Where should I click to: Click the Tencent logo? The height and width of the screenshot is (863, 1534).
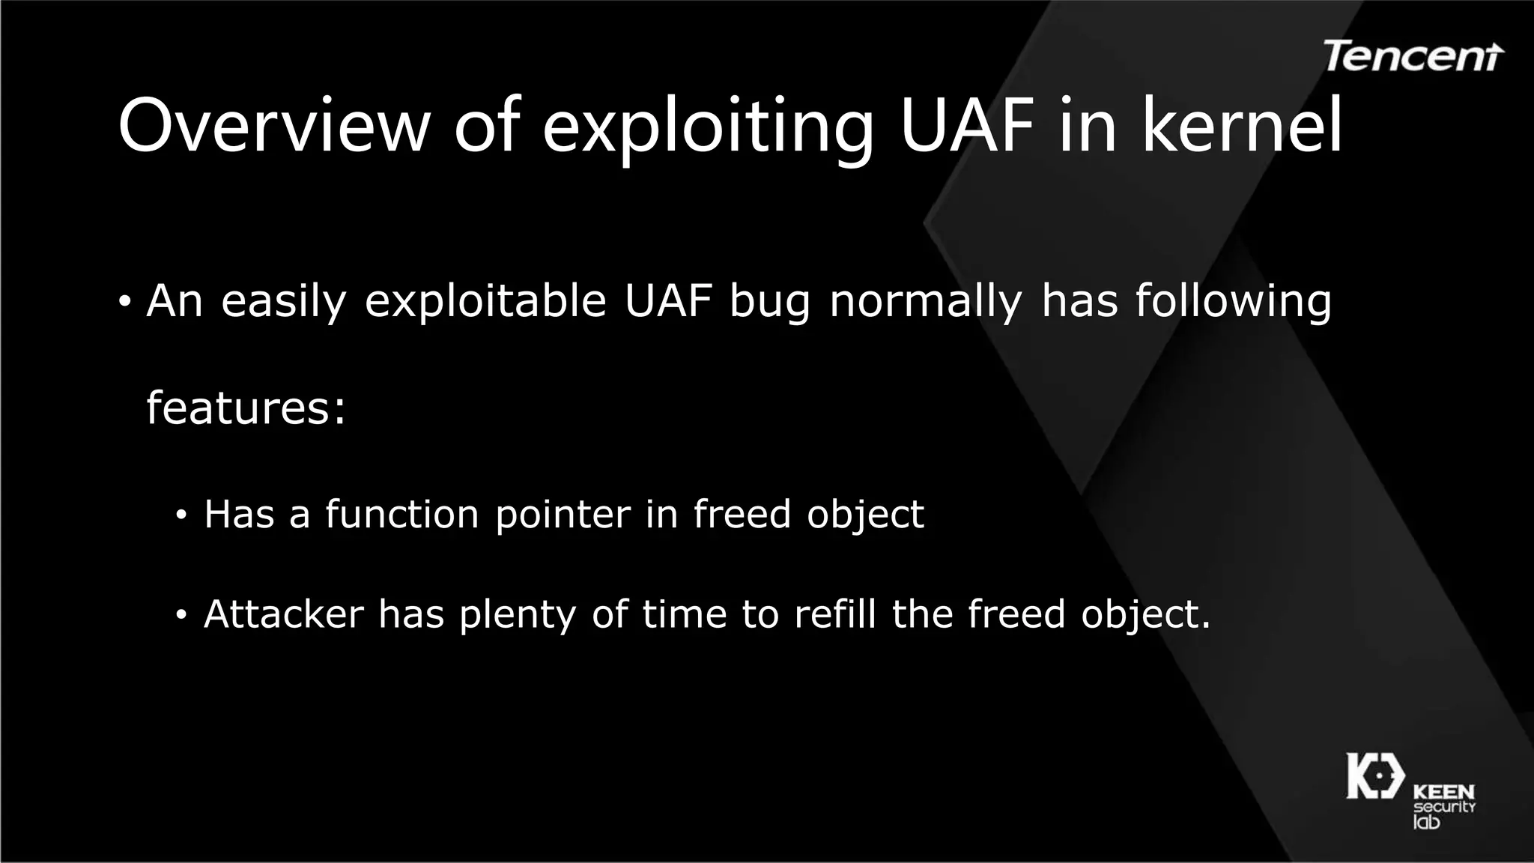pos(1413,56)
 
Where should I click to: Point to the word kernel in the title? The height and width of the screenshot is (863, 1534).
pos(1243,125)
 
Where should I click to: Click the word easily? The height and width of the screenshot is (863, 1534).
pos(284,301)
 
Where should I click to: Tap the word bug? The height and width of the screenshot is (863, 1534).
pos(770,303)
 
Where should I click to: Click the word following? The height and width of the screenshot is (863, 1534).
pos(1234,301)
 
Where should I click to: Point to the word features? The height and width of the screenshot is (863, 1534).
pos(246,408)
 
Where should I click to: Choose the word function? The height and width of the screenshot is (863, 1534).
pos(401,515)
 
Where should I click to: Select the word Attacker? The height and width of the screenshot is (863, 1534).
pos(284,614)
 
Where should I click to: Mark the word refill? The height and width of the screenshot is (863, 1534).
pos(834,614)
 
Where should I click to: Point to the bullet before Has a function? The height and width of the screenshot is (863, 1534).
pos(181,516)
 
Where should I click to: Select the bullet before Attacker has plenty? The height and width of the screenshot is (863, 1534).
pos(181,616)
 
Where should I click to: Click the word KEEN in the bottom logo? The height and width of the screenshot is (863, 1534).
pos(1443,792)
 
